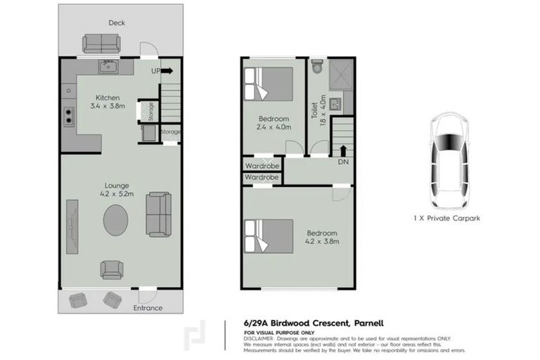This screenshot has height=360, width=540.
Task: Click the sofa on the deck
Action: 102,44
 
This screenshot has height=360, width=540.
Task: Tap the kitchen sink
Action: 108,67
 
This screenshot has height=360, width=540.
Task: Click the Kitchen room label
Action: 108,98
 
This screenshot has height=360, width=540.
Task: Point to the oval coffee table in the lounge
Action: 116,220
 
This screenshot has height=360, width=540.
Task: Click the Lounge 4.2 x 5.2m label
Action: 116,191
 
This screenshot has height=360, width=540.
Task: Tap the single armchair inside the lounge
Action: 112,269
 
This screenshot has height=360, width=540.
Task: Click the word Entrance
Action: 148,308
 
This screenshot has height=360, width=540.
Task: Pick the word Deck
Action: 116,23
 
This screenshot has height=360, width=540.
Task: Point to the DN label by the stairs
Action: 343,162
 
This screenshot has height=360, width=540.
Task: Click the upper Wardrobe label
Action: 262,166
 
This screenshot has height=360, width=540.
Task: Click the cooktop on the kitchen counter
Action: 70,115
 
